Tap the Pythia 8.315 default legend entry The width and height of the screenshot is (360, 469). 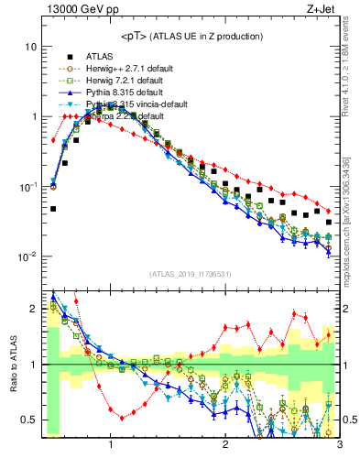(120, 93)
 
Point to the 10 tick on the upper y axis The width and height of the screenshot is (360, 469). (30, 47)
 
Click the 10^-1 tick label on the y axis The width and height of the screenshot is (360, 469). (27, 187)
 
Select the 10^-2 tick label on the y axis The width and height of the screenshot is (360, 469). (27, 257)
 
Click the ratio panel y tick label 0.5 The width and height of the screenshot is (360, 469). (28, 420)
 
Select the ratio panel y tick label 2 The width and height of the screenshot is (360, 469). (33, 310)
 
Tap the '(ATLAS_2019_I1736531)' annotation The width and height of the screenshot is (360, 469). (191, 275)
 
